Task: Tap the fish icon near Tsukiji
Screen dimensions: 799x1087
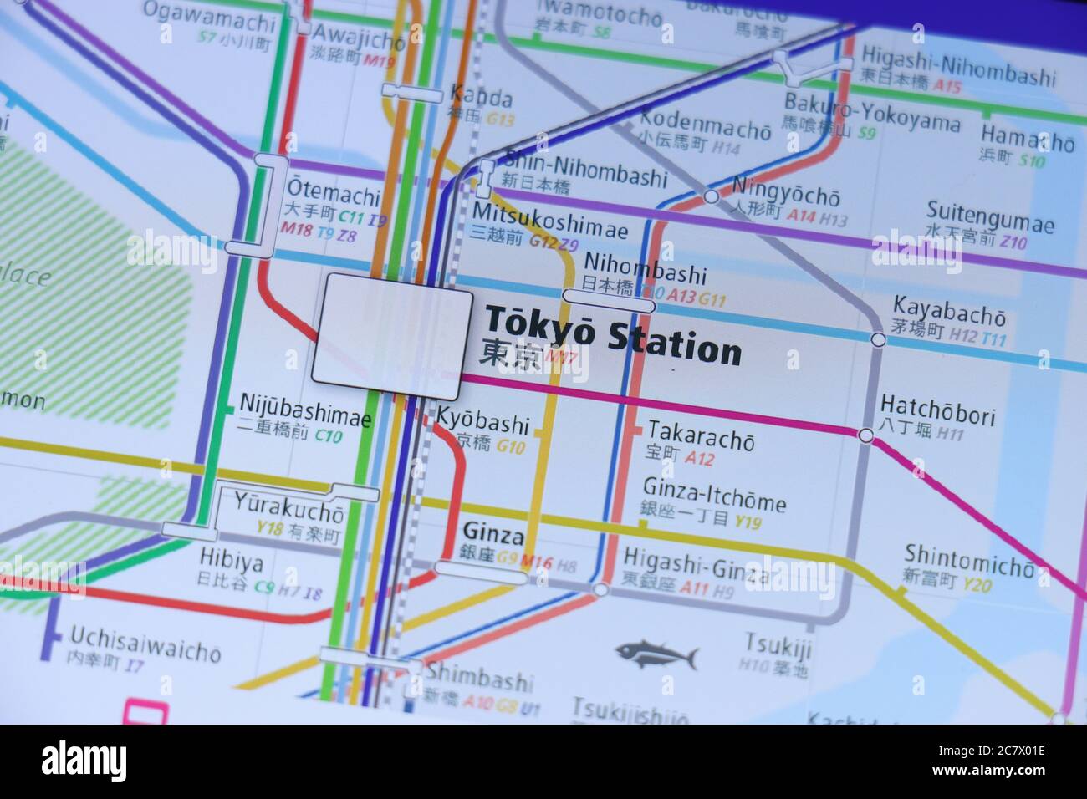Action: point(656,653)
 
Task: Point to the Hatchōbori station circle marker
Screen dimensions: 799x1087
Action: point(866,435)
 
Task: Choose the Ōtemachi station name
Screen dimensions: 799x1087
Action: point(333,194)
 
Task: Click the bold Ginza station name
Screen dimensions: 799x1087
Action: point(492,532)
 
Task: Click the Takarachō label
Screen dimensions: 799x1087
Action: point(701,435)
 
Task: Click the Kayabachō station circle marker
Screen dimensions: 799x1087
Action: point(878,339)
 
